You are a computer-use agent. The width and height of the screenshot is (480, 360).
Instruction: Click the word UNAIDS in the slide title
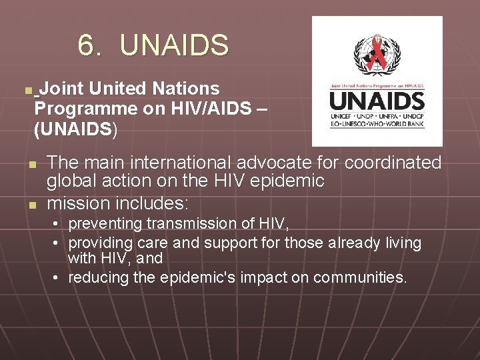(x=175, y=45)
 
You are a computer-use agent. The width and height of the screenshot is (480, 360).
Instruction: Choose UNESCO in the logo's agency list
(x=357, y=125)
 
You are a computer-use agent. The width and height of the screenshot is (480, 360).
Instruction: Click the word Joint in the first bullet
(x=61, y=88)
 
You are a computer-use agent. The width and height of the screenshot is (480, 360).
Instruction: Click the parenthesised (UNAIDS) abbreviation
(x=75, y=129)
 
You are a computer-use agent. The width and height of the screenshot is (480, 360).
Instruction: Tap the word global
(x=71, y=181)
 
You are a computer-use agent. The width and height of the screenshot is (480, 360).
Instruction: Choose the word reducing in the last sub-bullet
(x=97, y=277)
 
